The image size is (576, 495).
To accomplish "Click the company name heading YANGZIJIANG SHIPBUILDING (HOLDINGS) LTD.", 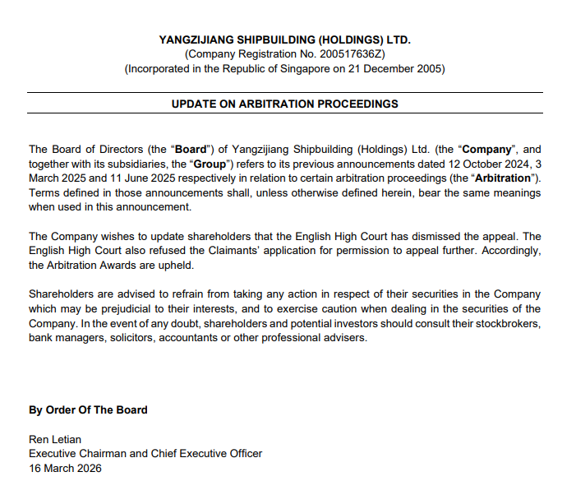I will (284, 39).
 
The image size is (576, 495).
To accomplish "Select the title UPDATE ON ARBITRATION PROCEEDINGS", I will (284, 104).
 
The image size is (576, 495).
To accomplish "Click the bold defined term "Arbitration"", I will (502, 178).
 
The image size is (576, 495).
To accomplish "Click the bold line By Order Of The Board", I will (88, 409).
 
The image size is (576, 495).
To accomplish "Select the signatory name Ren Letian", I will (55, 439).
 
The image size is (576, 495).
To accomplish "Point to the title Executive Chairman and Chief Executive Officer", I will (145, 453).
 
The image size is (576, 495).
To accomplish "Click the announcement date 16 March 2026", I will (65, 468).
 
